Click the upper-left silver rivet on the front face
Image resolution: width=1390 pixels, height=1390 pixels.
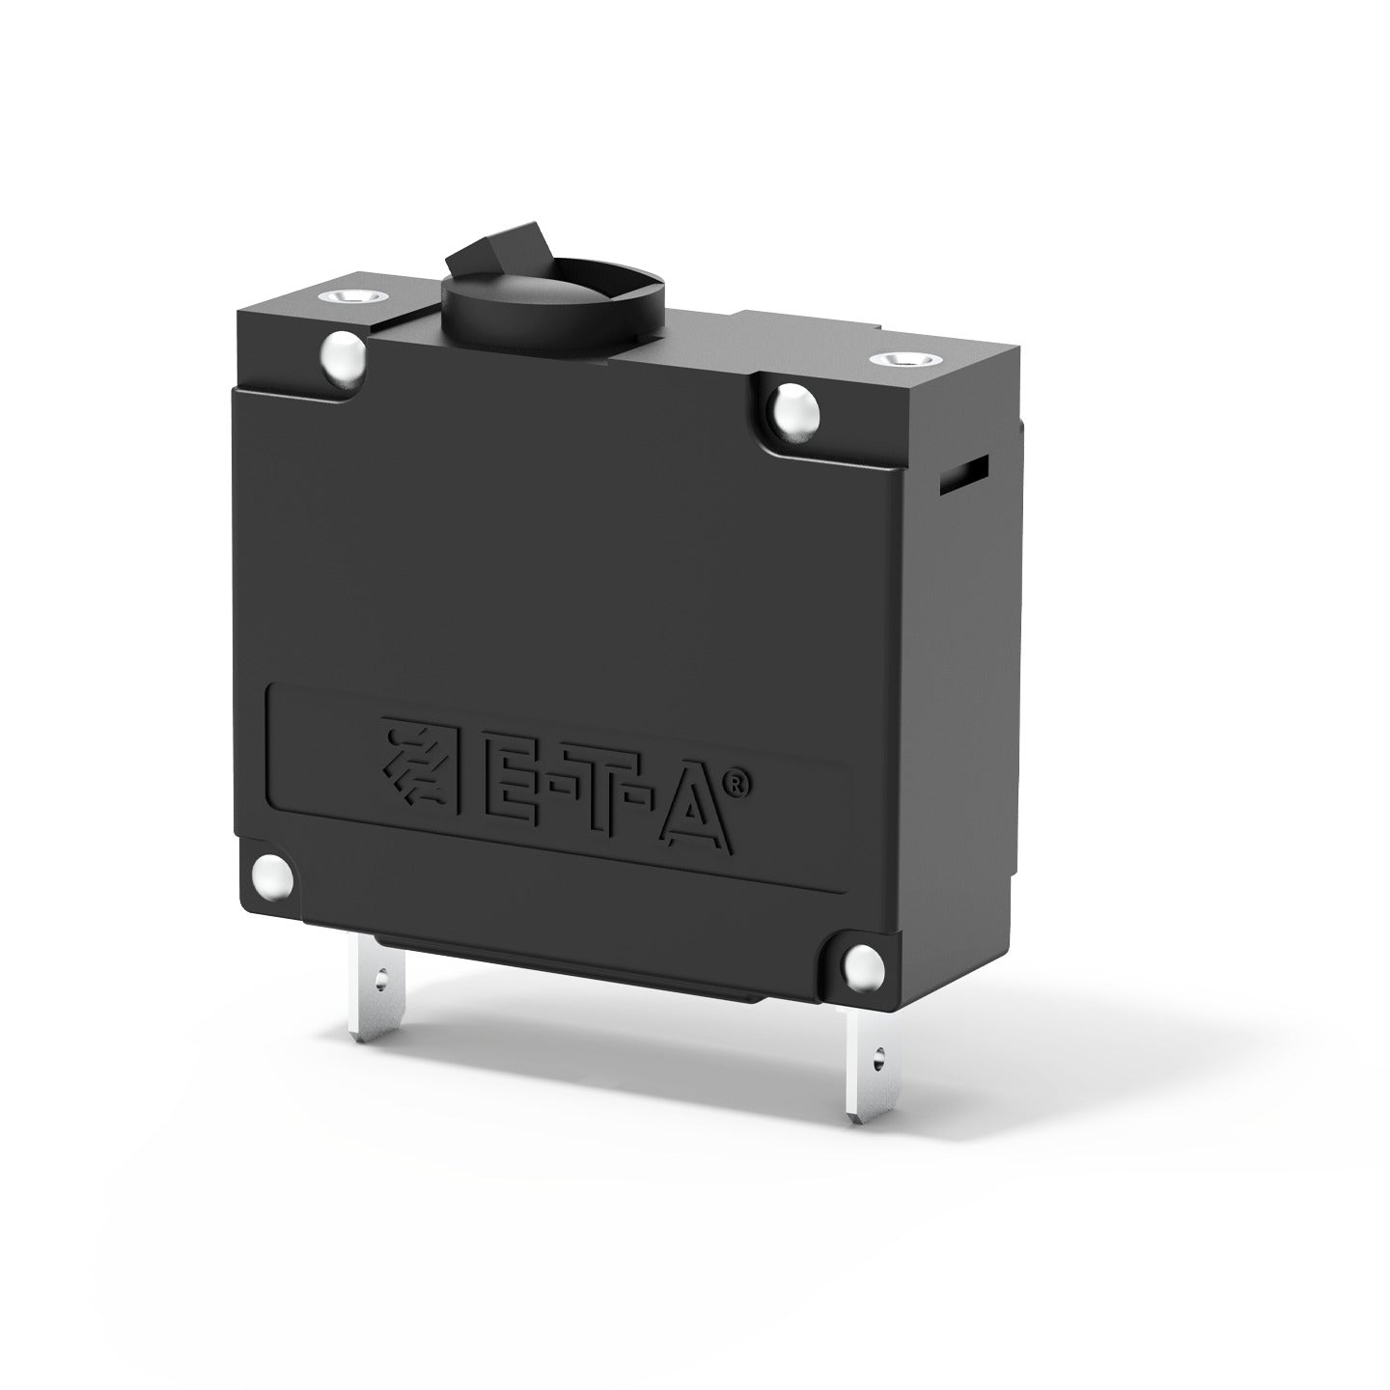point(344,355)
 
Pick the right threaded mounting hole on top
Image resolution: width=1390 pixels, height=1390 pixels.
point(899,358)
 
